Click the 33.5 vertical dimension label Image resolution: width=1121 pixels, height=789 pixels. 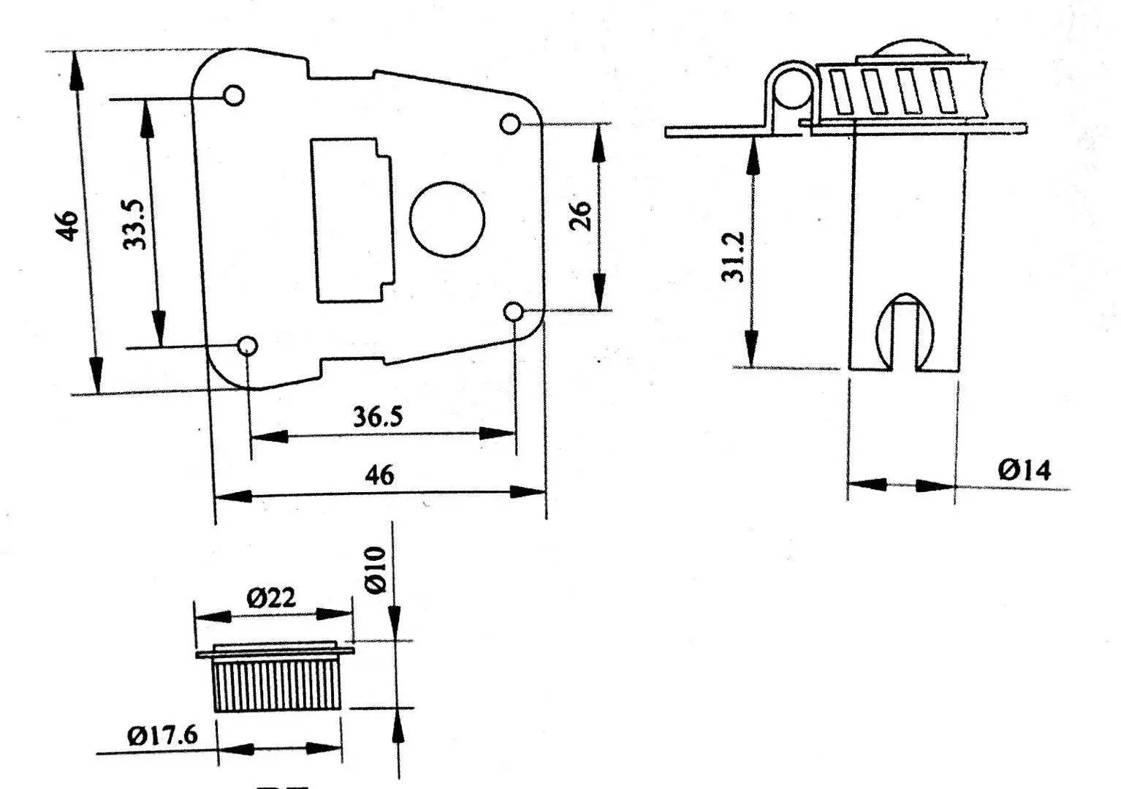(136, 224)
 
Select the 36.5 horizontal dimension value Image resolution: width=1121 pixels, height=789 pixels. (378, 417)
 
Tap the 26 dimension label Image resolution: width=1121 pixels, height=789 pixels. (580, 216)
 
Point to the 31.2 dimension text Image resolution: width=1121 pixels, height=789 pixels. (733, 257)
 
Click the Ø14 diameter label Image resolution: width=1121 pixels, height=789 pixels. (1025, 470)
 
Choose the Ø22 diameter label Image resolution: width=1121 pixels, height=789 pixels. (272, 599)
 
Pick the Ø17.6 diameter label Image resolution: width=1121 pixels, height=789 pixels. (162, 735)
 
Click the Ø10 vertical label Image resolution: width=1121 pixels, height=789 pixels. (375, 570)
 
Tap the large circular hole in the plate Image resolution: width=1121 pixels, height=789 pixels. (447, 219)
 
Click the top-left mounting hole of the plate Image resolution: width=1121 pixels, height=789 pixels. (234, 95)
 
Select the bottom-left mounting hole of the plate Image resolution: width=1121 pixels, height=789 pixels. (248, 345)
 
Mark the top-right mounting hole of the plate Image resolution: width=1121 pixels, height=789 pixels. (510, 123)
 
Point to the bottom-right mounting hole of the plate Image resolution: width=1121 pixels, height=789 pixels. (514, 312)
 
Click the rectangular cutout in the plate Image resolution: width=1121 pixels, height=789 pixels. (351, 219)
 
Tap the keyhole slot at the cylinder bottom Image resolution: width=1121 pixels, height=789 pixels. (906, 333)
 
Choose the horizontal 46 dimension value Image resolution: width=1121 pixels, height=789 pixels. (379, 475)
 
